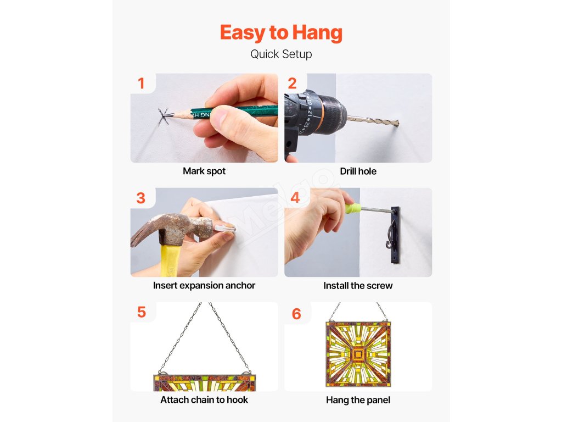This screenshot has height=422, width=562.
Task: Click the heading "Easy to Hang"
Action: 281,32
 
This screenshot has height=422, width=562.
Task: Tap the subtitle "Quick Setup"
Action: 281,54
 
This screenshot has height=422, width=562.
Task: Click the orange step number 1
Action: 141,84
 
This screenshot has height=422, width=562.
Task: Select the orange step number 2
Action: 292,84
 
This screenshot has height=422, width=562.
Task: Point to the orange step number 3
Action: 141,198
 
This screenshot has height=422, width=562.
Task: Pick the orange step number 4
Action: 295,197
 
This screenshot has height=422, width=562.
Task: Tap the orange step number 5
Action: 142,312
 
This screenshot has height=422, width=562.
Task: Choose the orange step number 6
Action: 296,314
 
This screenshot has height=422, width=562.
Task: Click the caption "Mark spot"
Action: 204,171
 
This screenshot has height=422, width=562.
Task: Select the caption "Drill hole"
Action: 358,171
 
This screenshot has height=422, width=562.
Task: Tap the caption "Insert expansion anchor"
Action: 204,285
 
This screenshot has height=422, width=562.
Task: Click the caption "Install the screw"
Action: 358,286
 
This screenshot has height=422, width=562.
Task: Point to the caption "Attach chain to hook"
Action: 204,400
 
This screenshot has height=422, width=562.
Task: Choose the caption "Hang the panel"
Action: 358,400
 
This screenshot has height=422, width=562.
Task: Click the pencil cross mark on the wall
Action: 164,116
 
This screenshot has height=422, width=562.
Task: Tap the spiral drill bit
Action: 373,121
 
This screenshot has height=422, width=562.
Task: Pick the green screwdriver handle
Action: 353,208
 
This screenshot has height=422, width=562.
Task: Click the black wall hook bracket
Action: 395,235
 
